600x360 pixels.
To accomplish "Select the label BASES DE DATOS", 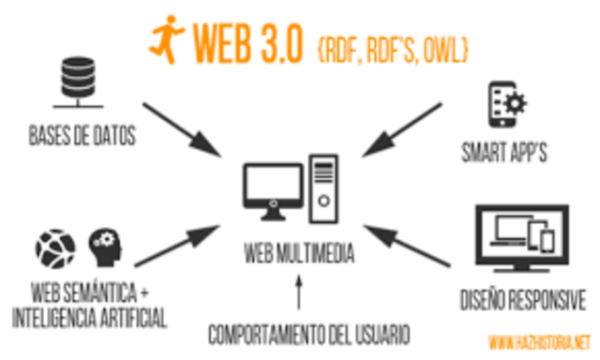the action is click(x=82, y=136).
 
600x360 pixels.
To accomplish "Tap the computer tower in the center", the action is click(x=322, y=185).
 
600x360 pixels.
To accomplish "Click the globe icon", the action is click(x=55, y=249).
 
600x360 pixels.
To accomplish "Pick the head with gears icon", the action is click(x=105, y=248).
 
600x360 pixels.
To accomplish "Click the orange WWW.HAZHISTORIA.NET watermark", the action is click(x=541, y=341).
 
